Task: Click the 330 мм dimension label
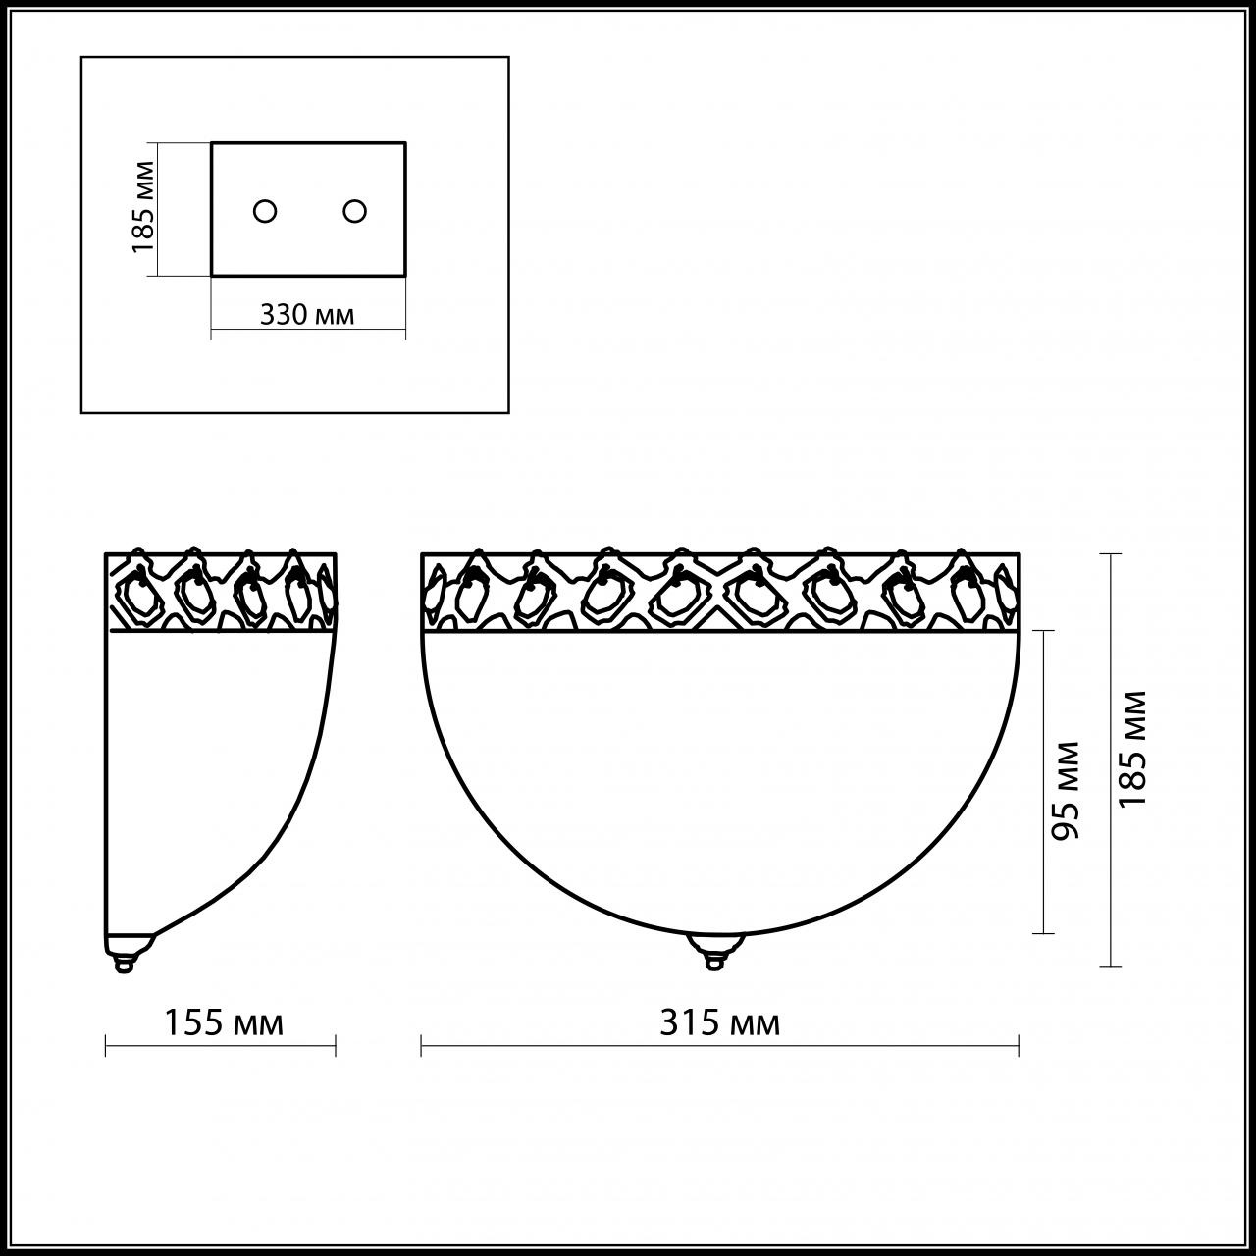[x=307, y=315]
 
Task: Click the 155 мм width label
[x=223, y=1023]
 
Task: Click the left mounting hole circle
[x=265, y=211]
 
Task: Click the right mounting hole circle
[x=354, y=211]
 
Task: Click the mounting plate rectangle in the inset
[x=309, y=177]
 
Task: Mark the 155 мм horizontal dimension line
[x=221, y=1046]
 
